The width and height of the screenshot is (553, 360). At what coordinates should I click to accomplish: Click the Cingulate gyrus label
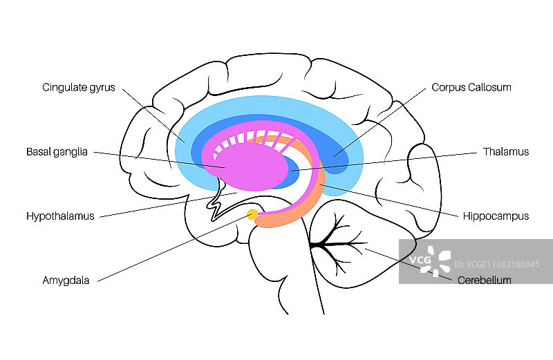pos(78,88)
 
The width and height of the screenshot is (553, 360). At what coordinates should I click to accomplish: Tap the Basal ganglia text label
pos(57,152)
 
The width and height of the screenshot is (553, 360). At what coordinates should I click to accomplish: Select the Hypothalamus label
pos(60,216)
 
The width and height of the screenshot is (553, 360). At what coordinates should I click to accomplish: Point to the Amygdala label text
pos(66,281)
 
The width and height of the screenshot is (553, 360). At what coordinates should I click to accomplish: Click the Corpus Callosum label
pos(471,88)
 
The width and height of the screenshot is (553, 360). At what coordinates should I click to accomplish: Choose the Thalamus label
pos(505,152)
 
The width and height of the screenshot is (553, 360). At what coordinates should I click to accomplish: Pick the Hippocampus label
pos(496,216)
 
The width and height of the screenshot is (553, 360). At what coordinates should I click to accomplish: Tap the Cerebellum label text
pos(485,281)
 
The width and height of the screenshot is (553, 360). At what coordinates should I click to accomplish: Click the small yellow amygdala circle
pos(253,215)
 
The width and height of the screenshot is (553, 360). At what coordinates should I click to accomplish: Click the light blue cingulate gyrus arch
pos(270,106)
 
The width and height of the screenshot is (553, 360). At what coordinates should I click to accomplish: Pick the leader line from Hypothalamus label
pos(166,205)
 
